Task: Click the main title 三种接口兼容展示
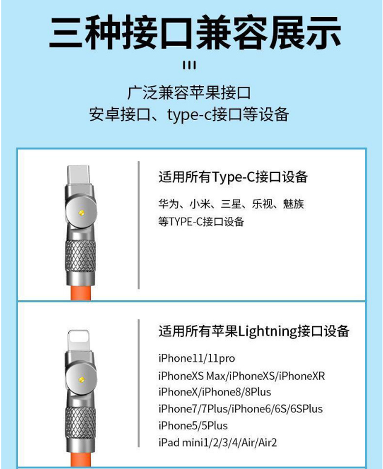195,32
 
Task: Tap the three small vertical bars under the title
190,65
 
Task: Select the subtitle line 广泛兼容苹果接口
189,93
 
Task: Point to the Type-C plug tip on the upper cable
79,175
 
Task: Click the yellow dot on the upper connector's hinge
81,213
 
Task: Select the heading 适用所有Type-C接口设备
233,177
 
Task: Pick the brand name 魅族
294,204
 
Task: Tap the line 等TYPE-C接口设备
201,222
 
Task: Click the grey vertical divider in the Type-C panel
138,225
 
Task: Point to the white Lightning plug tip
79,340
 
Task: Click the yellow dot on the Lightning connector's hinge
81,380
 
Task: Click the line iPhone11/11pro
196,358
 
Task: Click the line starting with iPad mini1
218,443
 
